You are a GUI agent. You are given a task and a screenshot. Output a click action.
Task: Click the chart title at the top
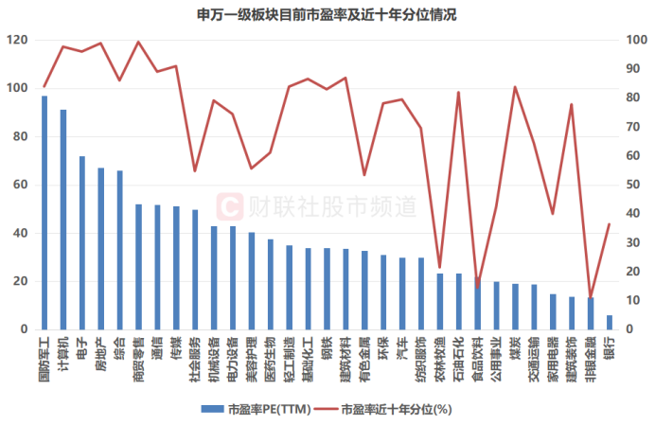327,14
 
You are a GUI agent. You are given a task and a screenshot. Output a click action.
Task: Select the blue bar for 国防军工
44,213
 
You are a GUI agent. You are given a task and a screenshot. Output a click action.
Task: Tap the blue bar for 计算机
63,220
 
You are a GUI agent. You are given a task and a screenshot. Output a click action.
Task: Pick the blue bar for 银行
609,323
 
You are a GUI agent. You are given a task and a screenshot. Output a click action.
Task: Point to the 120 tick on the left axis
17,41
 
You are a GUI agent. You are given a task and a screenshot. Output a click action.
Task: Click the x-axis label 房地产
100,352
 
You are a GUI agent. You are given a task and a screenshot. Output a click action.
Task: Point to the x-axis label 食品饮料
477,355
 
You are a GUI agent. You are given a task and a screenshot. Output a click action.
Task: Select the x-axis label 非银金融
590,355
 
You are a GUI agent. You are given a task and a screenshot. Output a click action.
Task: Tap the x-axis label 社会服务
194,355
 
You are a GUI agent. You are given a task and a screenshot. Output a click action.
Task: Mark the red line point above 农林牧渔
439,268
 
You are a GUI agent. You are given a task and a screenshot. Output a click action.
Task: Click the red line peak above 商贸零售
139,42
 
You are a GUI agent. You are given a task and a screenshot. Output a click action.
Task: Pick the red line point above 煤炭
515,87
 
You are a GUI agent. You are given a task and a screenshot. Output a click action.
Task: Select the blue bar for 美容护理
251,281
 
